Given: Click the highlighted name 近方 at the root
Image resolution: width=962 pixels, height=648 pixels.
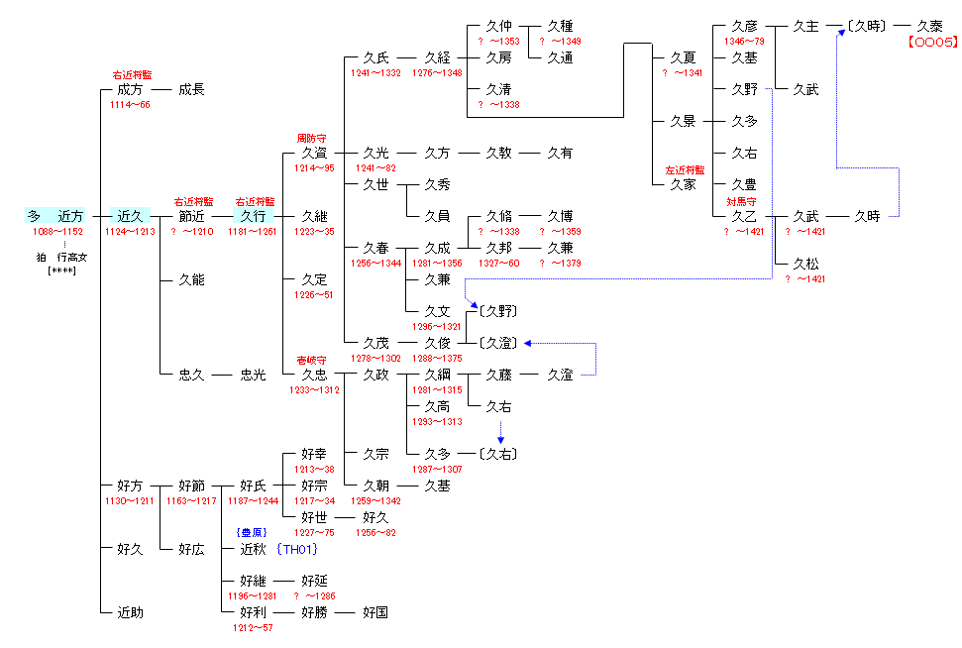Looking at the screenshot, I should click(x=71, y=216).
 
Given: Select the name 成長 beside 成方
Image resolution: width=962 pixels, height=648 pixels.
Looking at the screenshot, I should click(x=191, y=89).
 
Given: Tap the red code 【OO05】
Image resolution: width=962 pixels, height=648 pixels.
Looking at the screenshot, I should click(x=931, y=43).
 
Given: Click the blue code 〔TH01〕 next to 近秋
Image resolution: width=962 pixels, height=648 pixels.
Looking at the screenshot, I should click(x=297, y=549).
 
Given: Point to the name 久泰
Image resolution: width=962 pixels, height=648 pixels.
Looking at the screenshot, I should click(x=929, y=26).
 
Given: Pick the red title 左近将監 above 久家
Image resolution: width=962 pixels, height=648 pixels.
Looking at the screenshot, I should click(x=685, y=169).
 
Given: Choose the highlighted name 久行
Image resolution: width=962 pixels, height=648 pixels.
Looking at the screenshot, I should click(x=253, y=216).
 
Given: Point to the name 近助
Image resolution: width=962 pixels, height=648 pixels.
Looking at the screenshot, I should click(x=130, y=612).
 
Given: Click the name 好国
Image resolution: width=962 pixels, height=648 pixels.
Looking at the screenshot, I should click(x=375, y=612).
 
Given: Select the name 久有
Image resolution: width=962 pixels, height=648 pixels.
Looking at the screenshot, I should click(x=560, y=153).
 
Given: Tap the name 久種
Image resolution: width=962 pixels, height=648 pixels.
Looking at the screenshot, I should click(x=560, y=26).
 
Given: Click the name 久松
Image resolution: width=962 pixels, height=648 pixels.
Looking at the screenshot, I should click(x=805, y=264).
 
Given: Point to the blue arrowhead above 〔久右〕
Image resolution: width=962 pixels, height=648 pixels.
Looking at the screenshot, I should click(x=500, y=438).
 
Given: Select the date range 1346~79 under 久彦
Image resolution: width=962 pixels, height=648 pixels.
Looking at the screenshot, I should click(x=744, y=42).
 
